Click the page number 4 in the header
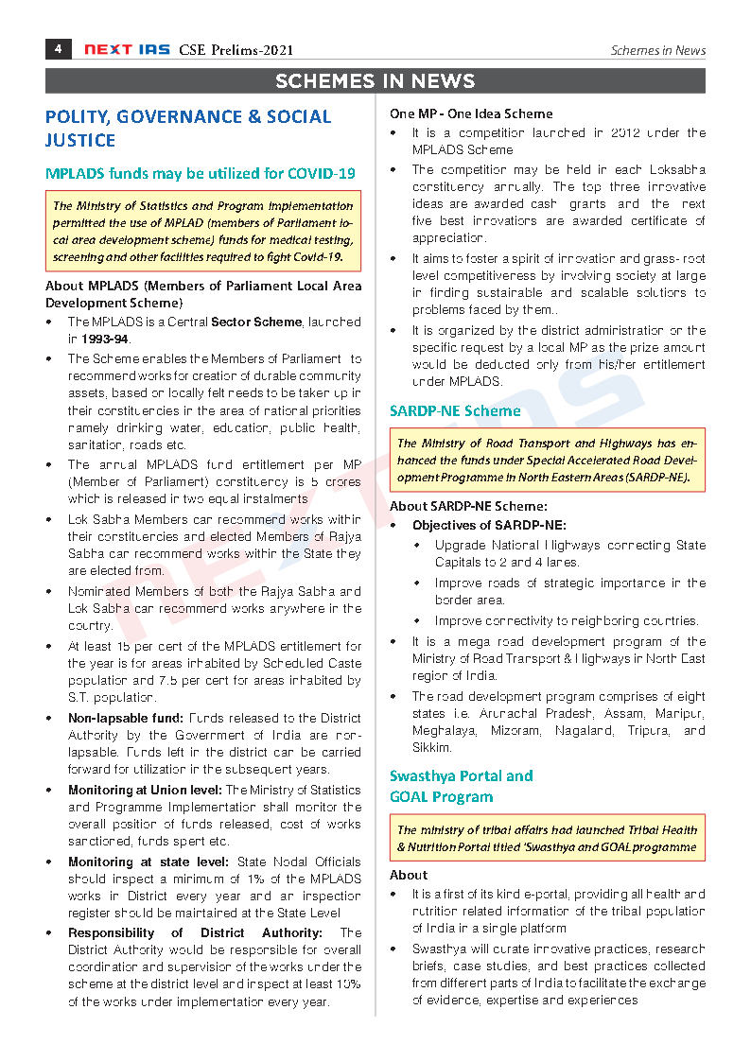click(x=58, y=49)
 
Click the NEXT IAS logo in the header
click(x=126, y=50)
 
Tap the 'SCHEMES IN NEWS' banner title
click(x=375, y=81)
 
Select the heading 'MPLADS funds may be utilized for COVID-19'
click(x=201, y=173)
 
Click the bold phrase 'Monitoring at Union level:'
click(x=145, y=791)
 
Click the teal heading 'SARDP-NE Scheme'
click(x=455, y=410)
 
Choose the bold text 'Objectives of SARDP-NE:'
click(x=489, y=525)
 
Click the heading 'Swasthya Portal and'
click(x=461, y=775)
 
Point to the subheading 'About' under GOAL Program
click(x=409, y=875)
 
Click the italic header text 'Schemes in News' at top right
click(x=657, y=50)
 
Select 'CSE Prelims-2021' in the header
click(x=236, y=50)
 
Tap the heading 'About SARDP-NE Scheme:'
click(x=468, y=506)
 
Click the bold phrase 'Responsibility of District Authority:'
click(x=195, y=932)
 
